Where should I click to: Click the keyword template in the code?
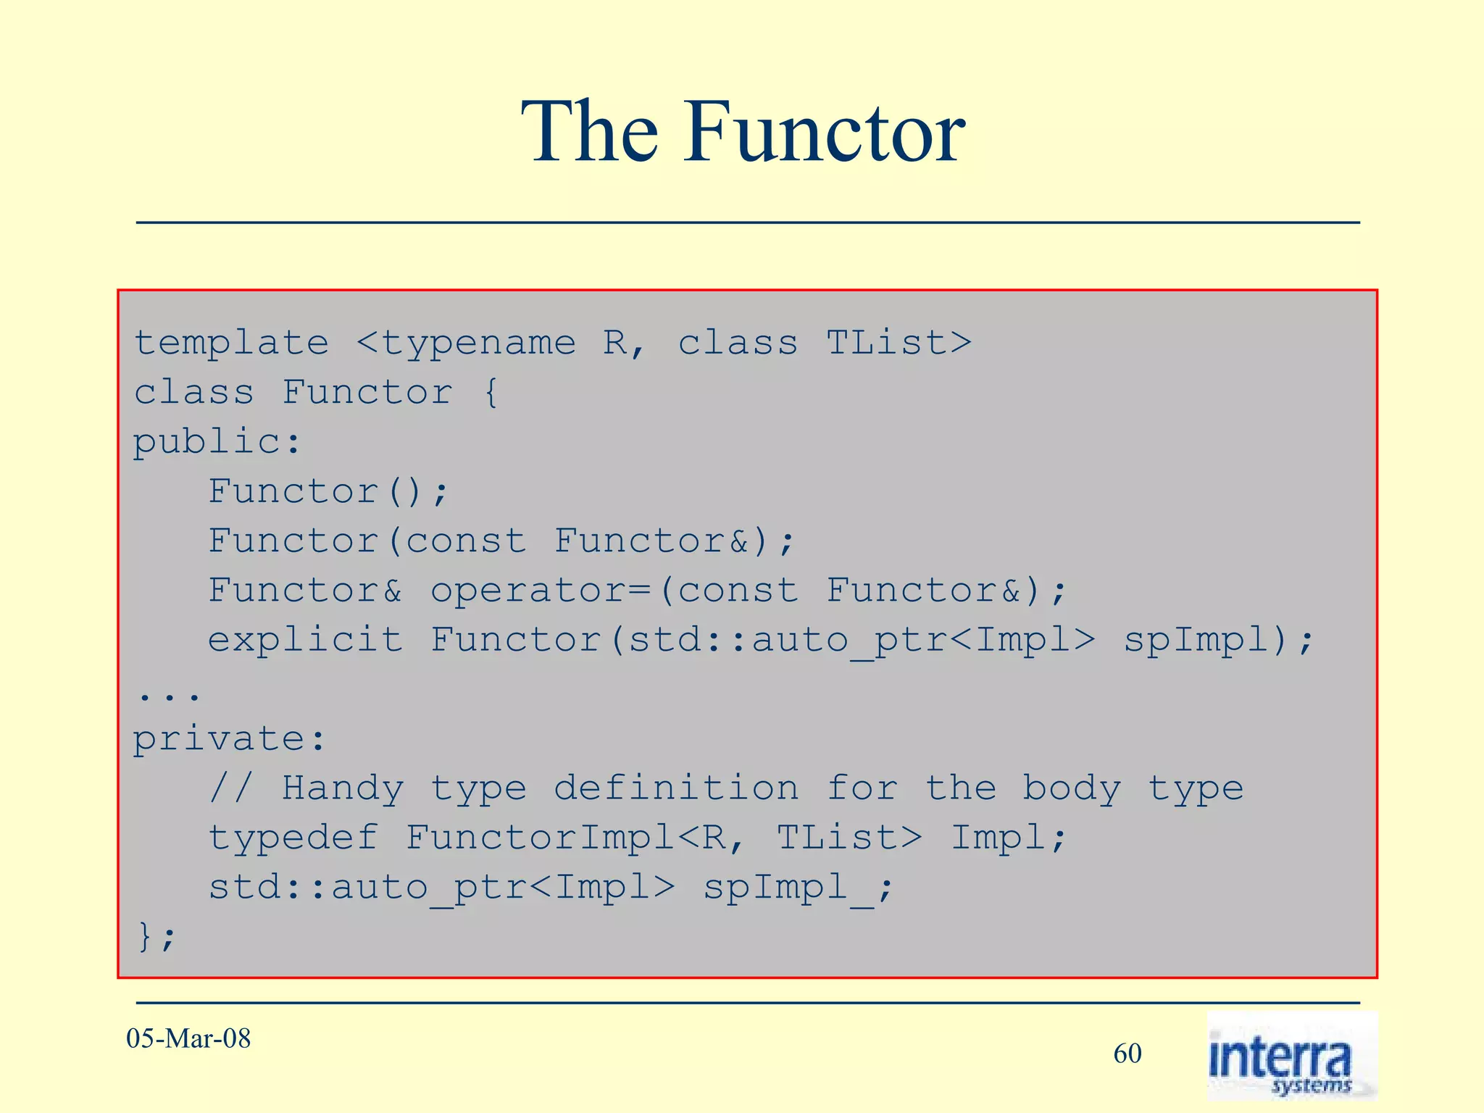pos(232,343)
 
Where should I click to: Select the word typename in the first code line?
pos(478,343)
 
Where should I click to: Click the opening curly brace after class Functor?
pos(491,392)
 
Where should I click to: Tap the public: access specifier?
pos(216,442)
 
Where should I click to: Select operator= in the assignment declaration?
pos(541,591)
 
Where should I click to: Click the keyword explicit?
pos(305,639)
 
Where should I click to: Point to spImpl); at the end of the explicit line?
pos(1218,640)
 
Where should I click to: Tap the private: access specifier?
pos(229,739)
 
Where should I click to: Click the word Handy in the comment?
pos(343,788)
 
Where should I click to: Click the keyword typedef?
pos(293,838)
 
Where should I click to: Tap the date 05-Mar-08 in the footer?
pos(188,1038)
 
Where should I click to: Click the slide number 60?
pos(1127,1054)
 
